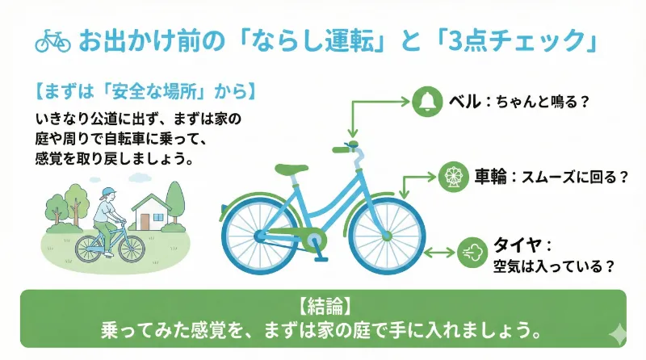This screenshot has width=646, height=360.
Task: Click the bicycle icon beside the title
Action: (x=54, y=40)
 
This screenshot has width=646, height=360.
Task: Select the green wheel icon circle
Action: (x=451, y=178)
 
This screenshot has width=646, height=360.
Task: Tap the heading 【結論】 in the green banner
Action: (x=323, y=307)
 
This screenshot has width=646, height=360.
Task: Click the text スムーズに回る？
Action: (x=574, y=178)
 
